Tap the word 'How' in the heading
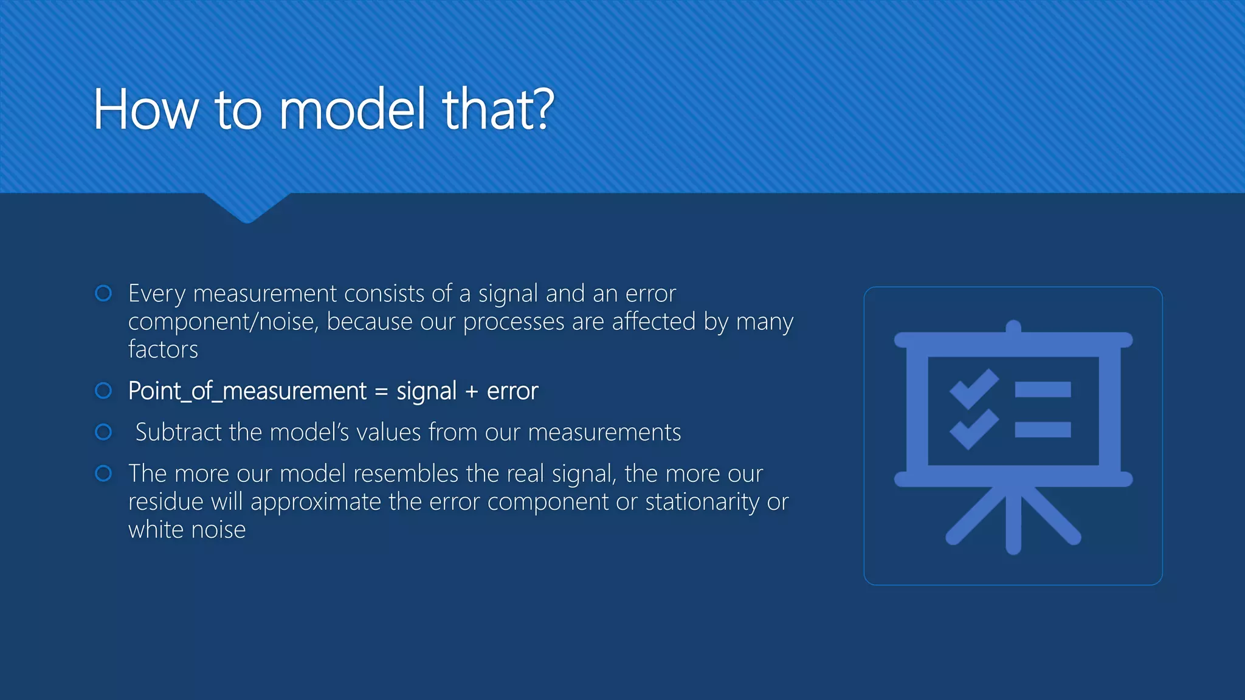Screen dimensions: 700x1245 146,109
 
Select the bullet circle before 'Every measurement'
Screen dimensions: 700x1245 104,293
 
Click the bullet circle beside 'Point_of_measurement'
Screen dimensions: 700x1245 104,391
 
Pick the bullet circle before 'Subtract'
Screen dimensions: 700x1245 104,432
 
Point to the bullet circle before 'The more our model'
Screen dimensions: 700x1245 104,473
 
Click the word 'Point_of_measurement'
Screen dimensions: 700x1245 247,391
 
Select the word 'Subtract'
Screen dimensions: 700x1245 178,432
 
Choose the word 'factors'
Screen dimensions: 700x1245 163,350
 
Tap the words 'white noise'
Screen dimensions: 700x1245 187,530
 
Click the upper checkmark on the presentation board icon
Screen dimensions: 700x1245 973,389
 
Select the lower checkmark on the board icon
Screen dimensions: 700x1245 973,430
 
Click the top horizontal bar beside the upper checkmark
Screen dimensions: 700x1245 1043,389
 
